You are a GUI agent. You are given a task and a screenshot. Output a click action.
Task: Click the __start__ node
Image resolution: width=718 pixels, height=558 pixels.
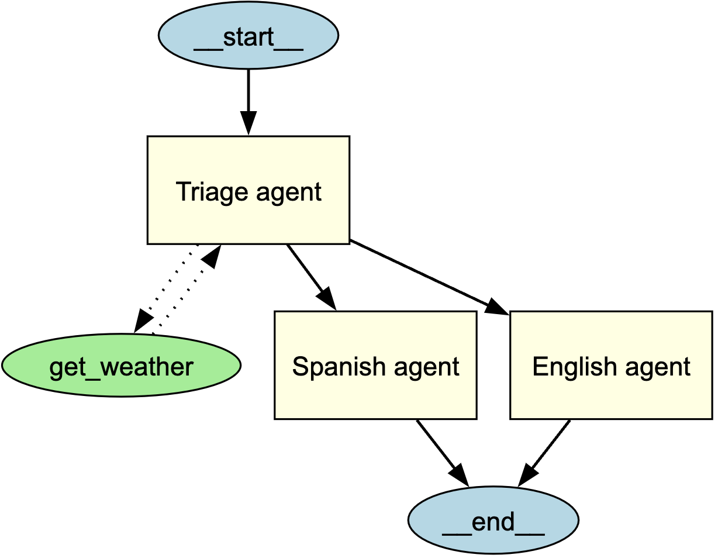248,36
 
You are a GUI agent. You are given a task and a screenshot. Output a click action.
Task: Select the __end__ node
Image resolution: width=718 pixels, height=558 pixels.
493,521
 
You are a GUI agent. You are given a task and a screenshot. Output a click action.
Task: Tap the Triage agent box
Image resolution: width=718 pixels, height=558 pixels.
248,190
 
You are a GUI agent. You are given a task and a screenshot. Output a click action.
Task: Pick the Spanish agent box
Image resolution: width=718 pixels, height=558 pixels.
375,365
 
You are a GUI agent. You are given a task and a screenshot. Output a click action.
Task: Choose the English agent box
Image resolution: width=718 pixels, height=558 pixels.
611,365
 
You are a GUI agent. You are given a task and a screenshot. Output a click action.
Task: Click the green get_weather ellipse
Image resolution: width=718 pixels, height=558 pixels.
121,366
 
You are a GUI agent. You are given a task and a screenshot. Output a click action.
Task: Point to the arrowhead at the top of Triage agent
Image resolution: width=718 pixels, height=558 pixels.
248,123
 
